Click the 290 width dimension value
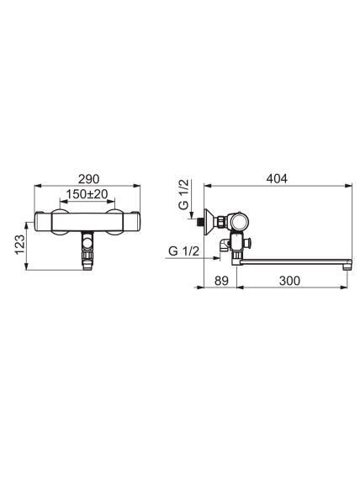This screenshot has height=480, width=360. coord(88,179)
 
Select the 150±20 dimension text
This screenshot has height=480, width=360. coord(87,194)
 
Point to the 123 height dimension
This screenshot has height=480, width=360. coord(19,245)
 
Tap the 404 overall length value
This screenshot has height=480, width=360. coord(277,179)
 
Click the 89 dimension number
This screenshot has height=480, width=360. coord(221,281)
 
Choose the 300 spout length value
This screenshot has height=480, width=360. coord(289,281)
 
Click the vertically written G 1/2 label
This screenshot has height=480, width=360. coord(184,194)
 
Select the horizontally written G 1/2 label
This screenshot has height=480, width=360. coord(184,251)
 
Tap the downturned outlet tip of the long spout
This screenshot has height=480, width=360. coord(347,265)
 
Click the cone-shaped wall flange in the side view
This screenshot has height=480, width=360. coord(209,222)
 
